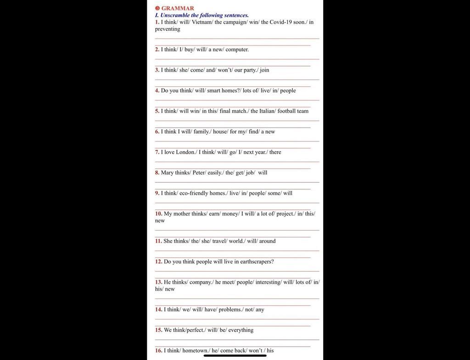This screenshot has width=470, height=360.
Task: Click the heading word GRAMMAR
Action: [178, 8]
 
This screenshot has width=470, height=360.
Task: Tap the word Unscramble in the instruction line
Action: [174, 15]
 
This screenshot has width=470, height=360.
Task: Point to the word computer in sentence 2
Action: [237, 50]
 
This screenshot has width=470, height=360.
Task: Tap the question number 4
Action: [157, 90]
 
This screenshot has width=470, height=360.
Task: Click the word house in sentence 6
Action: [220, 132]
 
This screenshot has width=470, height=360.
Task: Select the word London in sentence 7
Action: [185, 152]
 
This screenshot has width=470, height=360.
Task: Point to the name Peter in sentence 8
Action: [199, 173]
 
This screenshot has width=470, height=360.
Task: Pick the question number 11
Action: [158, 241]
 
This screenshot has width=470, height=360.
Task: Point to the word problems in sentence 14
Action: [230, 309]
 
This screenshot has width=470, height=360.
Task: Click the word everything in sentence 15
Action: [241, 330]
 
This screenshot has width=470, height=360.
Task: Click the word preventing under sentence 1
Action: [168, 29]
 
